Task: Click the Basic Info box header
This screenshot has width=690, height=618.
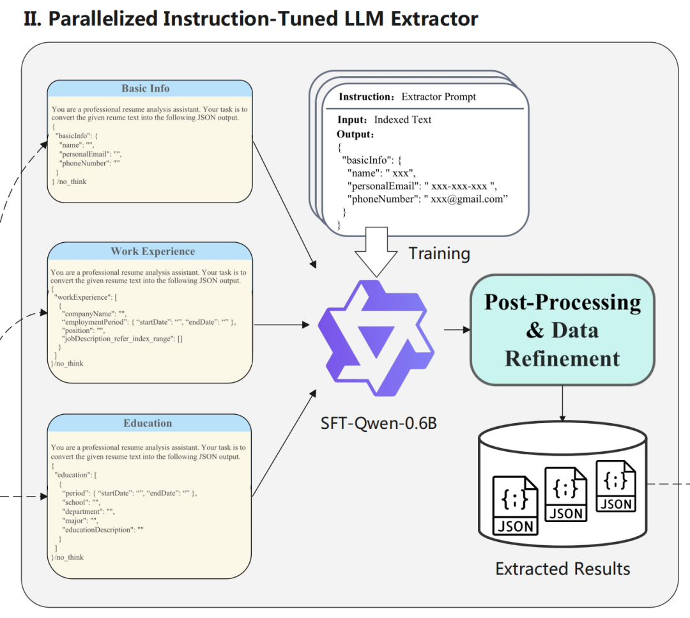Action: (146, 89)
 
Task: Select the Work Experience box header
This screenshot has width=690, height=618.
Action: (153, 252)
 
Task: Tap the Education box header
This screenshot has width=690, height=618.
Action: (148, 423)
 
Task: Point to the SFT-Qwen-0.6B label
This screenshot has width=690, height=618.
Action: (379, 423)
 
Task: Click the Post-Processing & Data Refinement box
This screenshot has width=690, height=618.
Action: (562, 330)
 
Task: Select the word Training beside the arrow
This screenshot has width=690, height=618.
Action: (440, 253)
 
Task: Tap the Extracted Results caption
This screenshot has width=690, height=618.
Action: (562, 569)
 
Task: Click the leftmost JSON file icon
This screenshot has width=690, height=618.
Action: (515, 505)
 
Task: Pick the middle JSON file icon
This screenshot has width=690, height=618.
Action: (565, 493)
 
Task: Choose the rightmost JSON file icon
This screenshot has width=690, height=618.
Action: (616, 485)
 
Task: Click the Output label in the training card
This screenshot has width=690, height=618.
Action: (354, 134)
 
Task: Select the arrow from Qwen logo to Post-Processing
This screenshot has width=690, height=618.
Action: (457, 330)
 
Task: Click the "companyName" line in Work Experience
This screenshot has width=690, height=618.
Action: (94, 314)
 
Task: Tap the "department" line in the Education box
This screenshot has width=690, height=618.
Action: (88, 512)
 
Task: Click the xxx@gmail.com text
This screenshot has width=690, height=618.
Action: (470, 199)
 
